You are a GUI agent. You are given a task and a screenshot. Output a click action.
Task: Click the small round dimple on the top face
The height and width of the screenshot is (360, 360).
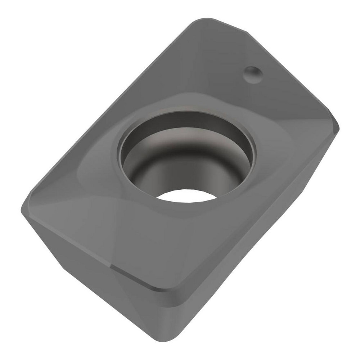pos(253,74)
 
